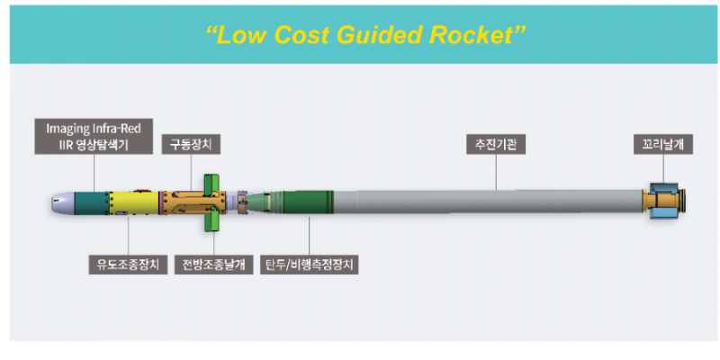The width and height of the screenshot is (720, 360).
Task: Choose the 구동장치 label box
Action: pos(191,144)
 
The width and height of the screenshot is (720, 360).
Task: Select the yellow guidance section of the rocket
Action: pos(130,203)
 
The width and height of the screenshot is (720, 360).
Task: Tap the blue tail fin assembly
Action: pos(665,203)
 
